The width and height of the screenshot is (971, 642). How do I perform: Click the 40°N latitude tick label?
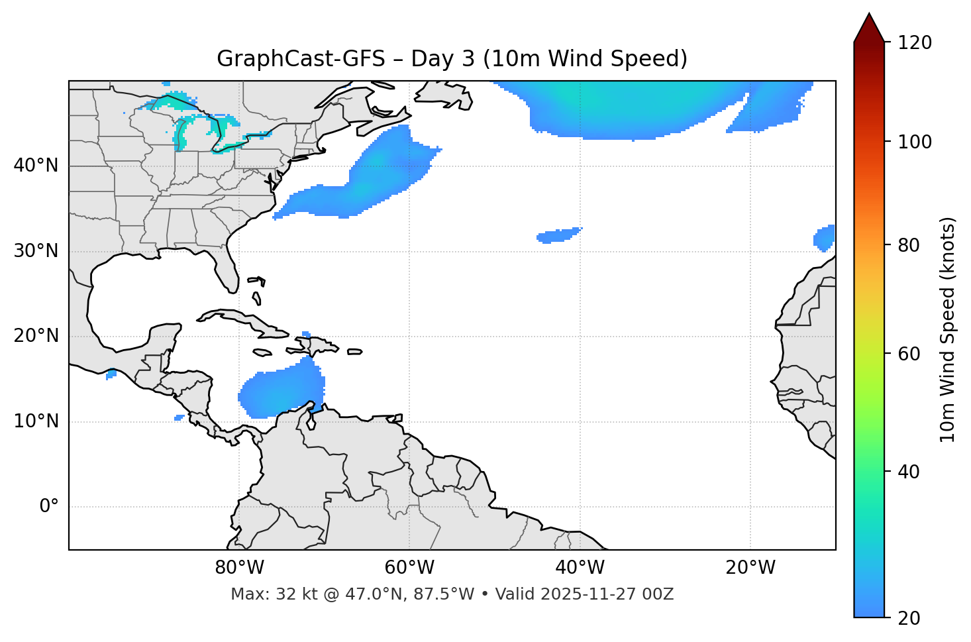36,166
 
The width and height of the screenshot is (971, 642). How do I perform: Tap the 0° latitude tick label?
49,507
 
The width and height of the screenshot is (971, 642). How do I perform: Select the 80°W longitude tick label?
239,568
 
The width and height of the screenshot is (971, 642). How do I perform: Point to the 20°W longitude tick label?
750,568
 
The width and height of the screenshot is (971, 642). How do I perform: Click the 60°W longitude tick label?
409,568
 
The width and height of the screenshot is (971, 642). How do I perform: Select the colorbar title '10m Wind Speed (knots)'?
948,329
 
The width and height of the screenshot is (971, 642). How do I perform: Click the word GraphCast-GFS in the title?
301,59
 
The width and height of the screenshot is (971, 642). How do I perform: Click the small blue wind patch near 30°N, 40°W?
558,235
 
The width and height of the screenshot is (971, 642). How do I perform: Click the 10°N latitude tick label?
36,421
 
